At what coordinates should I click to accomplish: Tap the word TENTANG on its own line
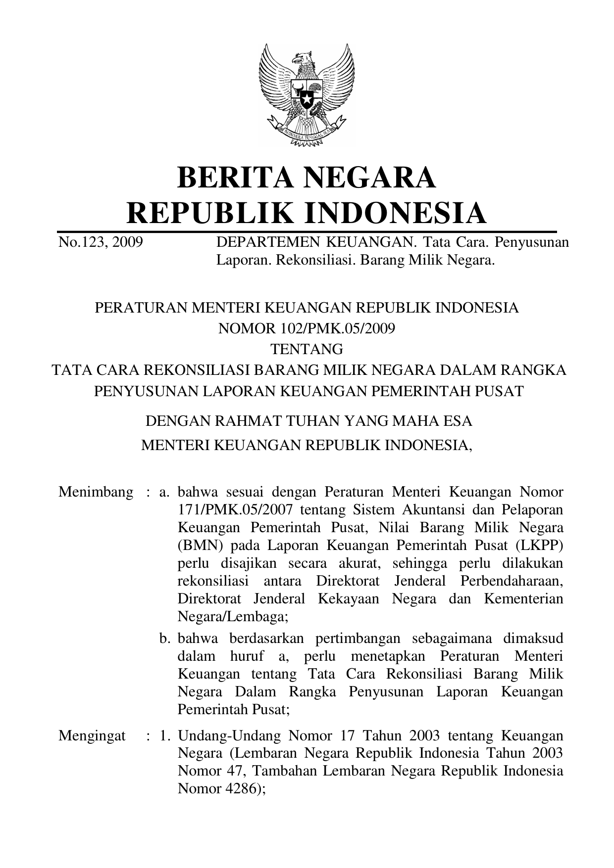coord(307,349)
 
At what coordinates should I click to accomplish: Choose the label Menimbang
coord(96,492)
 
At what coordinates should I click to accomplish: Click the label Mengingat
coord(92,736)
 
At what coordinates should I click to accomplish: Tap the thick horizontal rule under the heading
coord(307,231)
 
